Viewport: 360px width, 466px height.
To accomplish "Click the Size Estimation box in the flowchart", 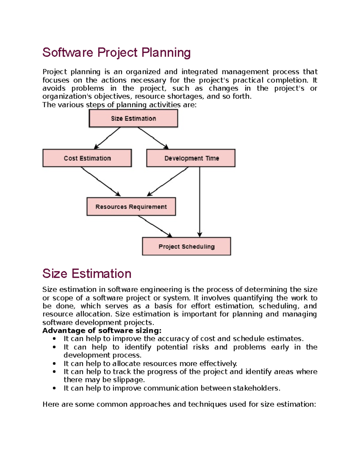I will pyautogui.click(x=133, y=118).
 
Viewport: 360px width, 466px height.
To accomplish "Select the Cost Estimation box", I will pyautogui.click(x=87, y=158).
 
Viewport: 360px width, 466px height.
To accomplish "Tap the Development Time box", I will pyautogui.click(x=191, y=158).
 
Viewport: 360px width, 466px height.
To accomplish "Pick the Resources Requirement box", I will pyautogui.click(x=131, y=207).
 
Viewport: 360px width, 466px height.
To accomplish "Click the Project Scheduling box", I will pyautogui.click(x=186, y=246).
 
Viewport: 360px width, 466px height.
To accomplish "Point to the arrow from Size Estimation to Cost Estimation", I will pyautogui.click(x=107, y=138).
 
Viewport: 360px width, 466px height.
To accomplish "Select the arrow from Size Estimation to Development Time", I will pyautogui.click(x=153, y=138).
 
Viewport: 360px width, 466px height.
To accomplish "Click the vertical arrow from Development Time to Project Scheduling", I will pyautogui.click(x=200, y=201).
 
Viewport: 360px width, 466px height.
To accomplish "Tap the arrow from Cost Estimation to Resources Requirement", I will pyautogui.click(x=100, y=182).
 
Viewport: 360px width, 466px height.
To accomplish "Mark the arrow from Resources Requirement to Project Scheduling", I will pyautogui.click(x=155, y=226).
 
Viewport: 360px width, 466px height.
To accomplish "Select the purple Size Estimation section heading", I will pyautogui.click(x=87, y=274).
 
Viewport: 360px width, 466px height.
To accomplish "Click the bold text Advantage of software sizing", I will pyautogui.click(x=102, y=331).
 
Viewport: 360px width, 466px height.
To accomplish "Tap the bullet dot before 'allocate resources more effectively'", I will pyautogui.click(x=54, y=364).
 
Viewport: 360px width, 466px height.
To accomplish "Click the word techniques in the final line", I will pyautogui.click(x=208, y=404).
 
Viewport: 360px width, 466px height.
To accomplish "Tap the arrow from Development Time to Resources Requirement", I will pyautogui.click(x=168, y=182).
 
